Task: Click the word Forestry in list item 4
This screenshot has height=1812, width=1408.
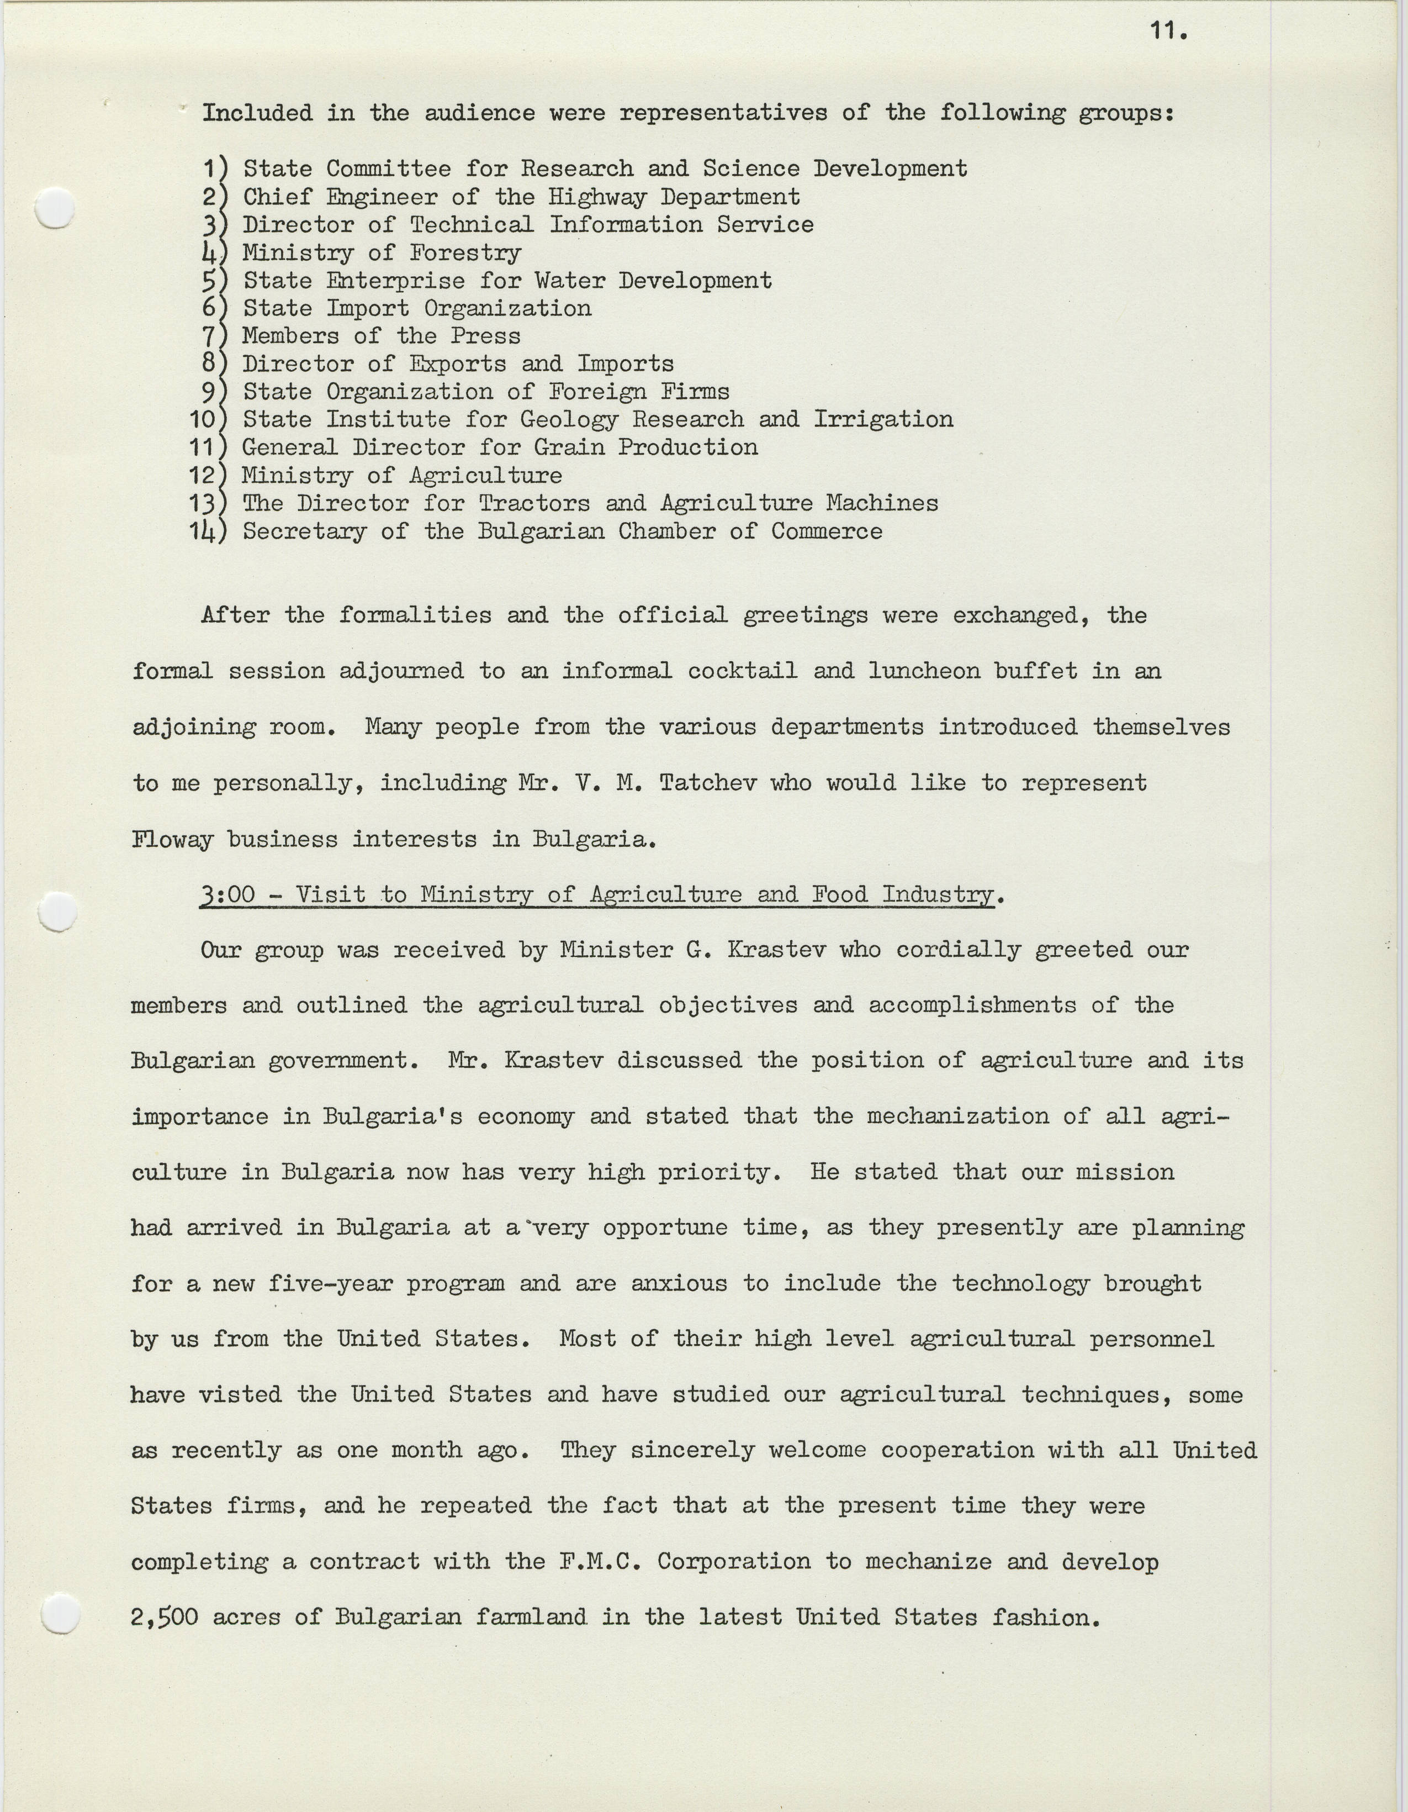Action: pyautogui.click(x=465, y=252)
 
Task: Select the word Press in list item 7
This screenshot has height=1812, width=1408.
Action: pyautogui.click(x=486, y=336)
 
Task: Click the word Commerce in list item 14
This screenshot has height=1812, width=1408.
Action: pyautogui.click(x=827, y=531)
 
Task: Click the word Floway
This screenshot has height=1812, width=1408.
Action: pyautogui.click(x=172, y=839)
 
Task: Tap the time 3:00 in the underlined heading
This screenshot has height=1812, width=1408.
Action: pyautogui.click(x=227, y=894)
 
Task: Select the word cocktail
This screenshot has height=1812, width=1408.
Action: pyautogui.click(x=742, y=670)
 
